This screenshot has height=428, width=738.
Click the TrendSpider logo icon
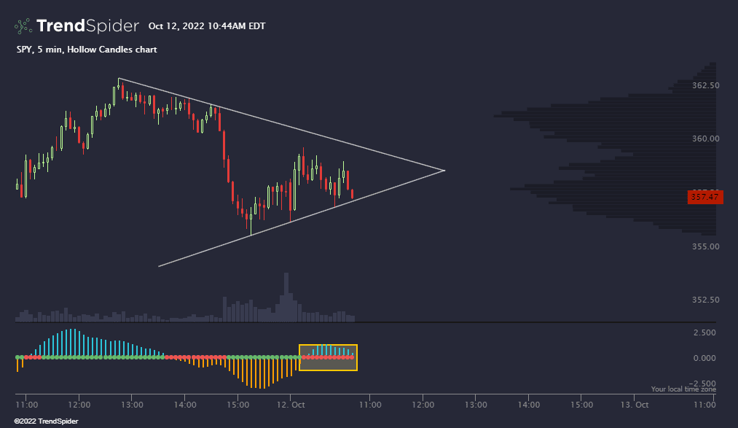23,26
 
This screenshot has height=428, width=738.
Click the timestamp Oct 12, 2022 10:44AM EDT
207,26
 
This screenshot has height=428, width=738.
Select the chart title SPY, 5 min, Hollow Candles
86,50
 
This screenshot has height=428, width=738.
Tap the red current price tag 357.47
704,197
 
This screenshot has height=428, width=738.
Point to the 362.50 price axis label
705,85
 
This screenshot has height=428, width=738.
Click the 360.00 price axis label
705,139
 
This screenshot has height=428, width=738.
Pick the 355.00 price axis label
705,246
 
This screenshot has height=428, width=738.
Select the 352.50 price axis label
705,300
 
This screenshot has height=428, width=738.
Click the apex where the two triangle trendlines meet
444,170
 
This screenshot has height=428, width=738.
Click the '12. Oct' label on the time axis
290,404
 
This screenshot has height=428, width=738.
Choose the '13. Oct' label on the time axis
634,404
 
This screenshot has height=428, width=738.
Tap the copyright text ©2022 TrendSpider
46,421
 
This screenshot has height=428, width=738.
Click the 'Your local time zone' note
683,389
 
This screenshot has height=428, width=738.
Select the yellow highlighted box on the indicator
328,357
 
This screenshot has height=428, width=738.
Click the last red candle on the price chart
353,194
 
